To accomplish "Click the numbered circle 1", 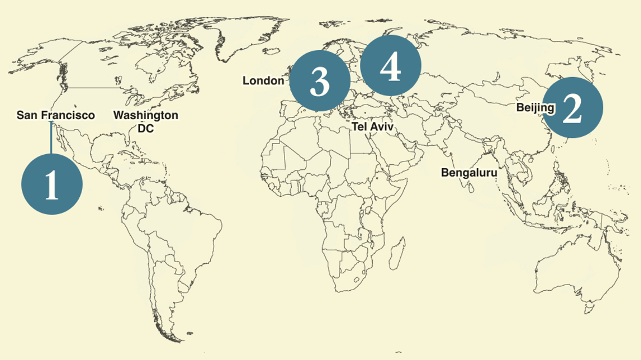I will pos(52,184).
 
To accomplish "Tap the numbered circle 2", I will pos(572,107).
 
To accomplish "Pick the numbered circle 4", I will pos(390,66).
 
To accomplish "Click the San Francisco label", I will pos(56,115).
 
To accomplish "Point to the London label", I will pos(263,81).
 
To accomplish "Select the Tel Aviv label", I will pos(372,127).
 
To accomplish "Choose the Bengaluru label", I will pos(469,173).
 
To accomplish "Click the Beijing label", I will pos(535,107).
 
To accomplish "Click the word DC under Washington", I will pos(146,128).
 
